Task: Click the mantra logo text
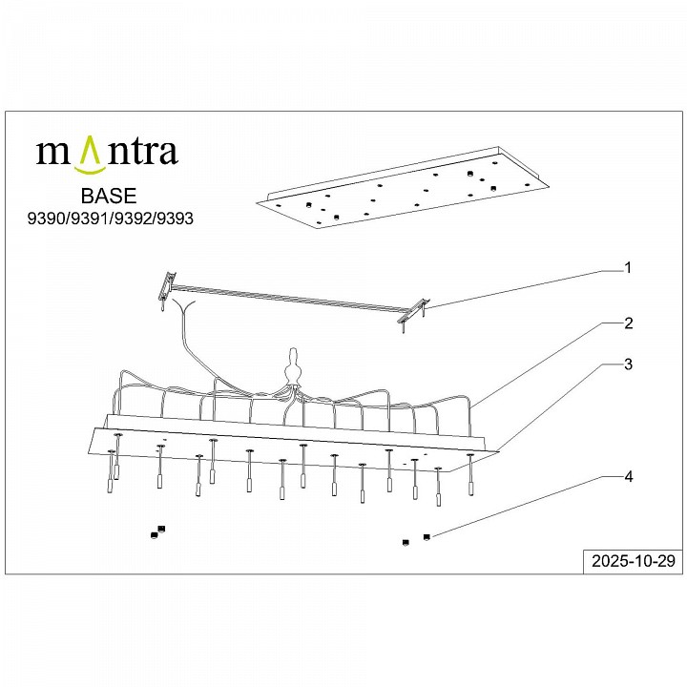click(106, 152)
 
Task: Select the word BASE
click(109, 198)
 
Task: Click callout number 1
click(628, 268)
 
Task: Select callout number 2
click(628, 323)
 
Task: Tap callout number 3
click(628, 364)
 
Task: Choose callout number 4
click(628, 475)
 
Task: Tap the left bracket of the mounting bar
click(169, 284)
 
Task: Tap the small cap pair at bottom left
click(157, 531)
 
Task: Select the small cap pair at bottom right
click(416, 540)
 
